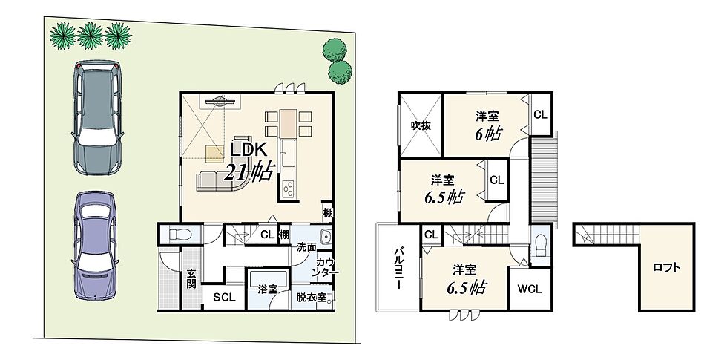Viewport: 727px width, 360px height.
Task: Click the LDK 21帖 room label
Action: (x=250, y=162)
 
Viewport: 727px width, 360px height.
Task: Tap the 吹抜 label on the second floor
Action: (x=421, y=125)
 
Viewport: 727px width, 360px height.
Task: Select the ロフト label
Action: (x=666, y=268)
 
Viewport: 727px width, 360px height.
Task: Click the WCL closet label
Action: (x=530, y=289)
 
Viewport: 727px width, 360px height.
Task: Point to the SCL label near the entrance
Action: (x=224, y=298)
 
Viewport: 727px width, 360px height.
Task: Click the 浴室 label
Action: (x=268, y=289)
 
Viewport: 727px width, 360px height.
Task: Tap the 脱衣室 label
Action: (x=311, y=298)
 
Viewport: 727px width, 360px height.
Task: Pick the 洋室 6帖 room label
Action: (x=487, y=125)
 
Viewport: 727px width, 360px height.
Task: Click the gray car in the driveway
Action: (x=98, y=118)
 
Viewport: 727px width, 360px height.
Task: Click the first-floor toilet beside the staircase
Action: (x=178, y=235)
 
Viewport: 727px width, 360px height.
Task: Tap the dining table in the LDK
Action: (x=288, y=123)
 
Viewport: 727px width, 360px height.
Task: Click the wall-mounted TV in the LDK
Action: (x=220, y=101)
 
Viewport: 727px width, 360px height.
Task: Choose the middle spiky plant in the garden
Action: (x=90, y=36)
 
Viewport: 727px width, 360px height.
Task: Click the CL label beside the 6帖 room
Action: (x=540, y=114)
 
